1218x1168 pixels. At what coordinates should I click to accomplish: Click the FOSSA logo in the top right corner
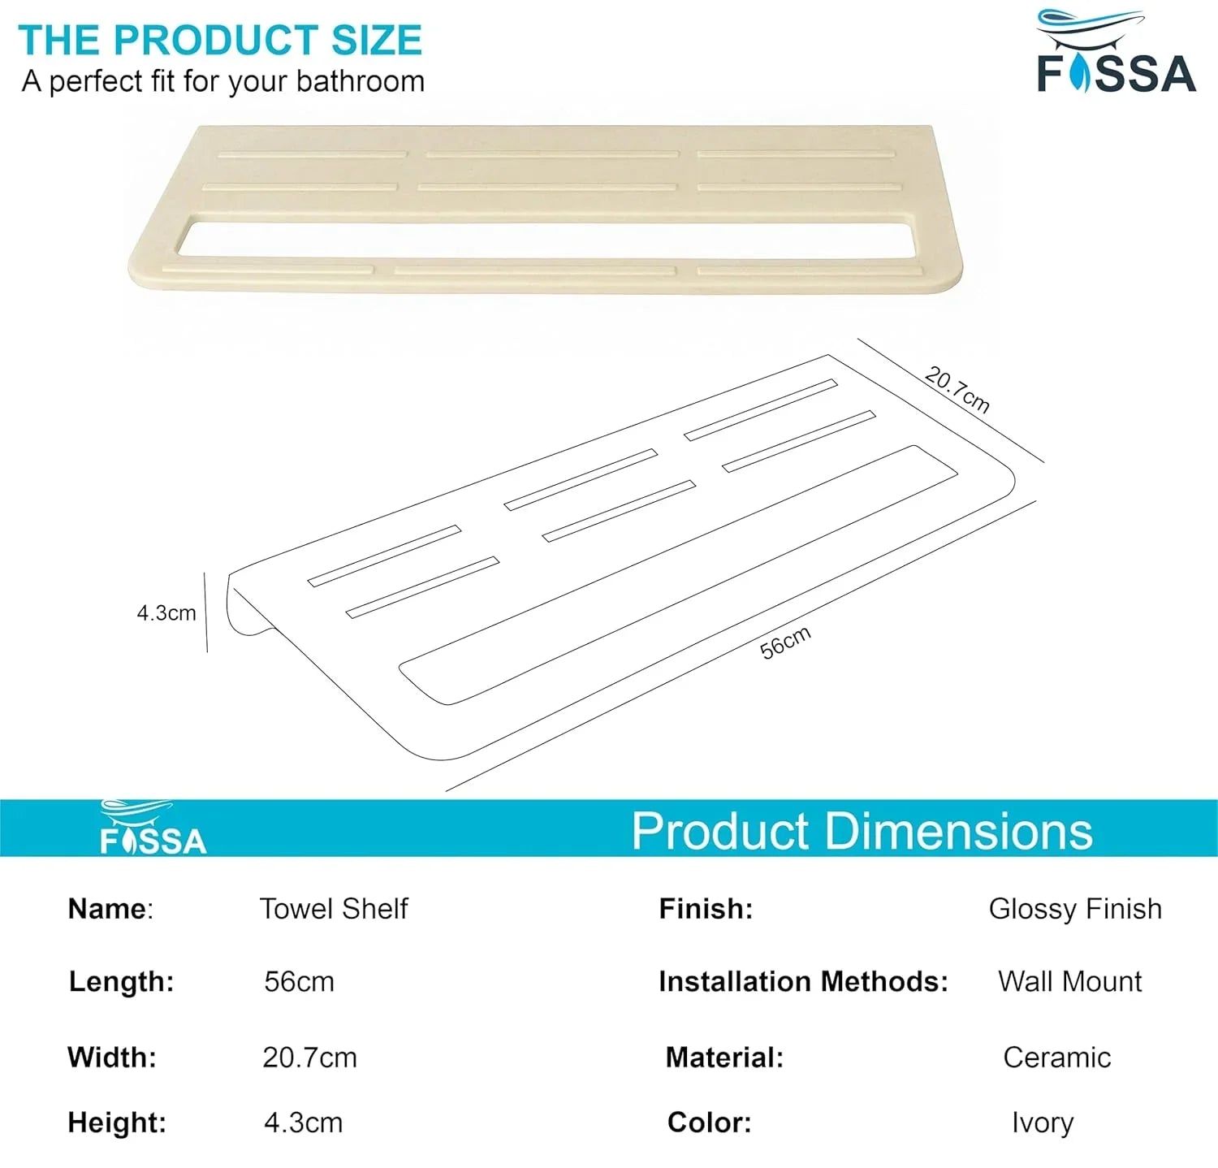pyautogui.click(x=1116, y=54)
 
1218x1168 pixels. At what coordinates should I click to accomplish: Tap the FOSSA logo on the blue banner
pyautogui.click(x=153, y=829)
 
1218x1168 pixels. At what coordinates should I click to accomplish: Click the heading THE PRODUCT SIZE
pyautogui.click(x=220, y=41)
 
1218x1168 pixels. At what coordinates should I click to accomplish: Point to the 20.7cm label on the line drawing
pyautogui.click(x=957, y=390)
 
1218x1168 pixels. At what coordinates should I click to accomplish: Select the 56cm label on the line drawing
pyautogui.click(x=785, y=642)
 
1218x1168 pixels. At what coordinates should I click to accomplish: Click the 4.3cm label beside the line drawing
pyautogui.click(x=166, y=613)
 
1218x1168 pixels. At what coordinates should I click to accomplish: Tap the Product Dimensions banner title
pyautogui.click(x=862, y=831)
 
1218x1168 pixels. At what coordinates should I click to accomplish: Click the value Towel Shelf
pyautogui.click(x=334, y=909)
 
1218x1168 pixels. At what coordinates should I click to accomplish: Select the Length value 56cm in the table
pyautogui.click(x=299, y=982)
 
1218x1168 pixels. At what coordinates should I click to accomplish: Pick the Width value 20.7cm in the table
pyautogui.click(x=309, y=1058)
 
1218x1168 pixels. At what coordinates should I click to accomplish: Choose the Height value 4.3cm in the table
pyautogui.click(x=303, y=1123)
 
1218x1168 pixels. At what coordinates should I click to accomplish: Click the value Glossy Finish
pyautogui.click(x=1075, y=909)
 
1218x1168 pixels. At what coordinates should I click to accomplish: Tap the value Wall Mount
pyautogui.click(x=1069, y=982)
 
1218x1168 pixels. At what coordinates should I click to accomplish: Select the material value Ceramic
pyautogui.click(x=1056, y=1058)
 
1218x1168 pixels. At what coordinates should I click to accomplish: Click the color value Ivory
pyautogui.click(x=1043, y=1123)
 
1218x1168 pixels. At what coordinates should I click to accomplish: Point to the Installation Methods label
pyautogui.click(x=803, y=982)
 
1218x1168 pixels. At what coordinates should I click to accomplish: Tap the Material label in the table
pyautogui.click(x=724, y=1058)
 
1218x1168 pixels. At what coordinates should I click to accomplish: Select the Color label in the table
pyautogui.click(x=709, y=1123)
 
